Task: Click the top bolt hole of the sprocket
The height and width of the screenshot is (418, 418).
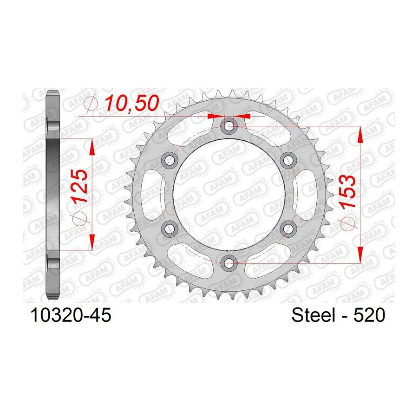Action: [x=229, y=126]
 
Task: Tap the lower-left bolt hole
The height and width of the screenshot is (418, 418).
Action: [x=170, y=229]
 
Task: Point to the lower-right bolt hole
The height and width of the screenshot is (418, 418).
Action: [x=288, y=229]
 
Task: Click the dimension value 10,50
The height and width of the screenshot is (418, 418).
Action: [x=132, y=103]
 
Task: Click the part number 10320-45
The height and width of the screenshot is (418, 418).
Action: [x=71, y=315]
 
